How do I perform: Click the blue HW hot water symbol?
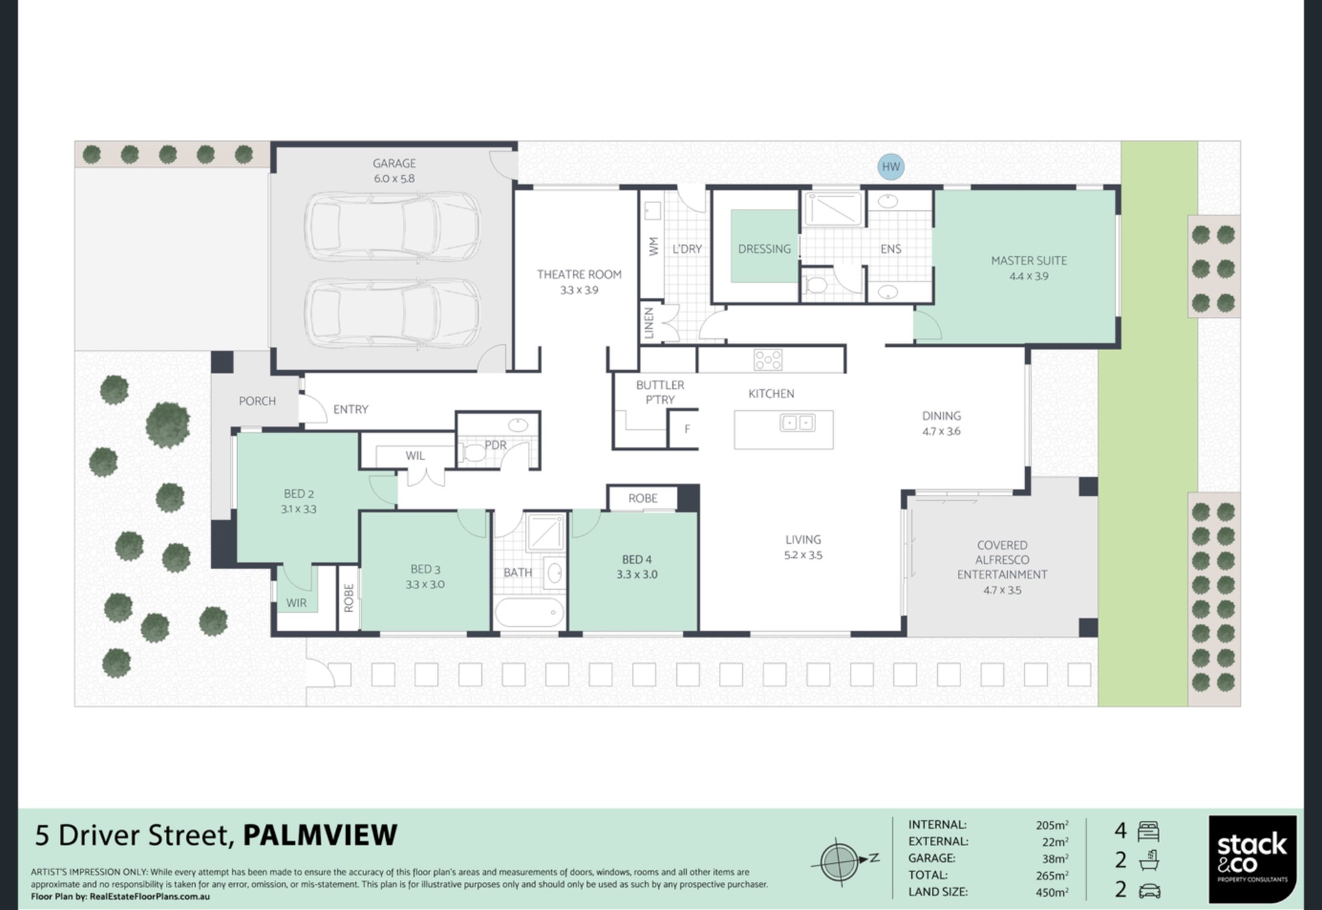[891, 167]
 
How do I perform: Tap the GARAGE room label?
[394, 163]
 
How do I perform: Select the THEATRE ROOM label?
[579, 274]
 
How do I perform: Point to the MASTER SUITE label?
[1029, 261]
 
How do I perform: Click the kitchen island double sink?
[798, 423]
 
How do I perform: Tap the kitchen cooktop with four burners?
[768, 360]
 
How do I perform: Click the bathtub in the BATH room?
[529, 612]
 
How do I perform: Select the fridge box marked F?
[684, 428]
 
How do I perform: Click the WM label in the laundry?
[654, 246]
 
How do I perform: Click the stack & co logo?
[1252, 859]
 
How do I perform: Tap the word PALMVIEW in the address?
[320, 835]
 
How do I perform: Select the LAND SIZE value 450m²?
[1052, 892]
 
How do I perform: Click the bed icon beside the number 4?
[1149, 831]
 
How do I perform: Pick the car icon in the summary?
[1150, 892]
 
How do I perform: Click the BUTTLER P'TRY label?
[660, 392]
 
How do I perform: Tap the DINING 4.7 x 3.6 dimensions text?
[941, 431]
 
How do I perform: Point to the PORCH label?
[257, 401]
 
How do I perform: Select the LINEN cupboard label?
[649, 322]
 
